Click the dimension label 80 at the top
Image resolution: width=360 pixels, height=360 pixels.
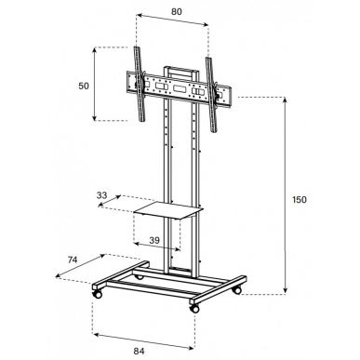pyautogui.click(x=177, y=12)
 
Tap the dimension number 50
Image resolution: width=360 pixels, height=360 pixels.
pyautogui.click(x=84, y=86)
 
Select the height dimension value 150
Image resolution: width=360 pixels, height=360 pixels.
pyautogui.click(x=300, y=200)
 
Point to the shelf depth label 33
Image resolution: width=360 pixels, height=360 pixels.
pyautogui.click(x=101, y=195)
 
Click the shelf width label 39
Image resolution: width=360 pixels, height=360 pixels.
pyautogui.click(x=154, y=240)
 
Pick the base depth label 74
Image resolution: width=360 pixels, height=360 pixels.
pyautogui.click(x=73, y=260)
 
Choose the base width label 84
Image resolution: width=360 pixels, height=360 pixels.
pyautogui.click(x=139, y=352)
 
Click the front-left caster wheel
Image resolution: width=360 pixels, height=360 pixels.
pyautogui.click(x=97, y=294)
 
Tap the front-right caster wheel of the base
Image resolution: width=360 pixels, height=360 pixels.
pyautogui.click(x=194, y=308)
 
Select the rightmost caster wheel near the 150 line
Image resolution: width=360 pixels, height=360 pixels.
pyautogui.click(x=237, y=290)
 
